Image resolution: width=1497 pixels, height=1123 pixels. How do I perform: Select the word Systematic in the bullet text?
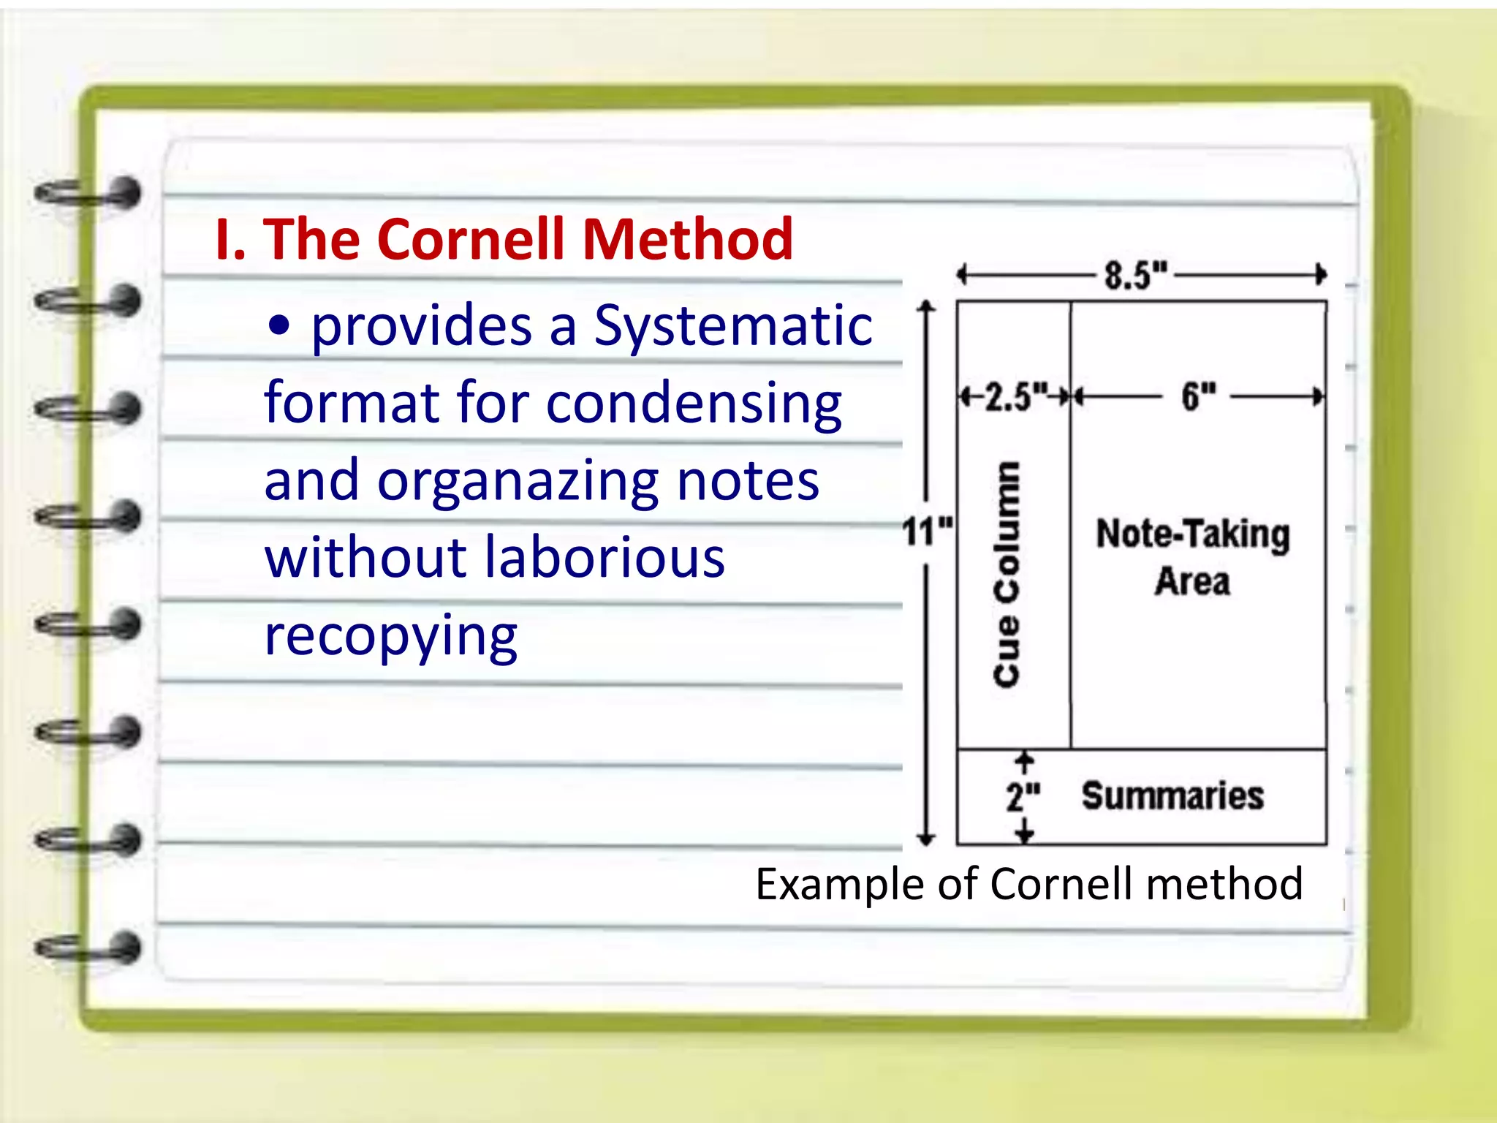[733, 325]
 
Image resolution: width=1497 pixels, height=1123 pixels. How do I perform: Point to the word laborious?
[605, 557]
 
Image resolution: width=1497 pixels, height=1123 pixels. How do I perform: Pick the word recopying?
[390, 636]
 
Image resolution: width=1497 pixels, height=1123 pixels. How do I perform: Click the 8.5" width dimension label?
[1135, 275]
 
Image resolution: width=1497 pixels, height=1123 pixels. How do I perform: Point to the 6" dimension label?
[1198, 396]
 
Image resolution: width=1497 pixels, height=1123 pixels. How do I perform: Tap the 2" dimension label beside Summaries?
[1023, 796]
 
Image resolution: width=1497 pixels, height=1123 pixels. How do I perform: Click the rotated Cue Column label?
[1007, 574]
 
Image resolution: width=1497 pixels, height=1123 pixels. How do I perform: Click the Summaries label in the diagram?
[1172, 796]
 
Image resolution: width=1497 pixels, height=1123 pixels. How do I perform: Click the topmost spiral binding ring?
[88, 194]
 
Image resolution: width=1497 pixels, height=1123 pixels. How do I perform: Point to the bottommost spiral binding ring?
[88, 948]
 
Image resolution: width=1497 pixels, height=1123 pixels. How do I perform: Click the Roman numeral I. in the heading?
[230, 239]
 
